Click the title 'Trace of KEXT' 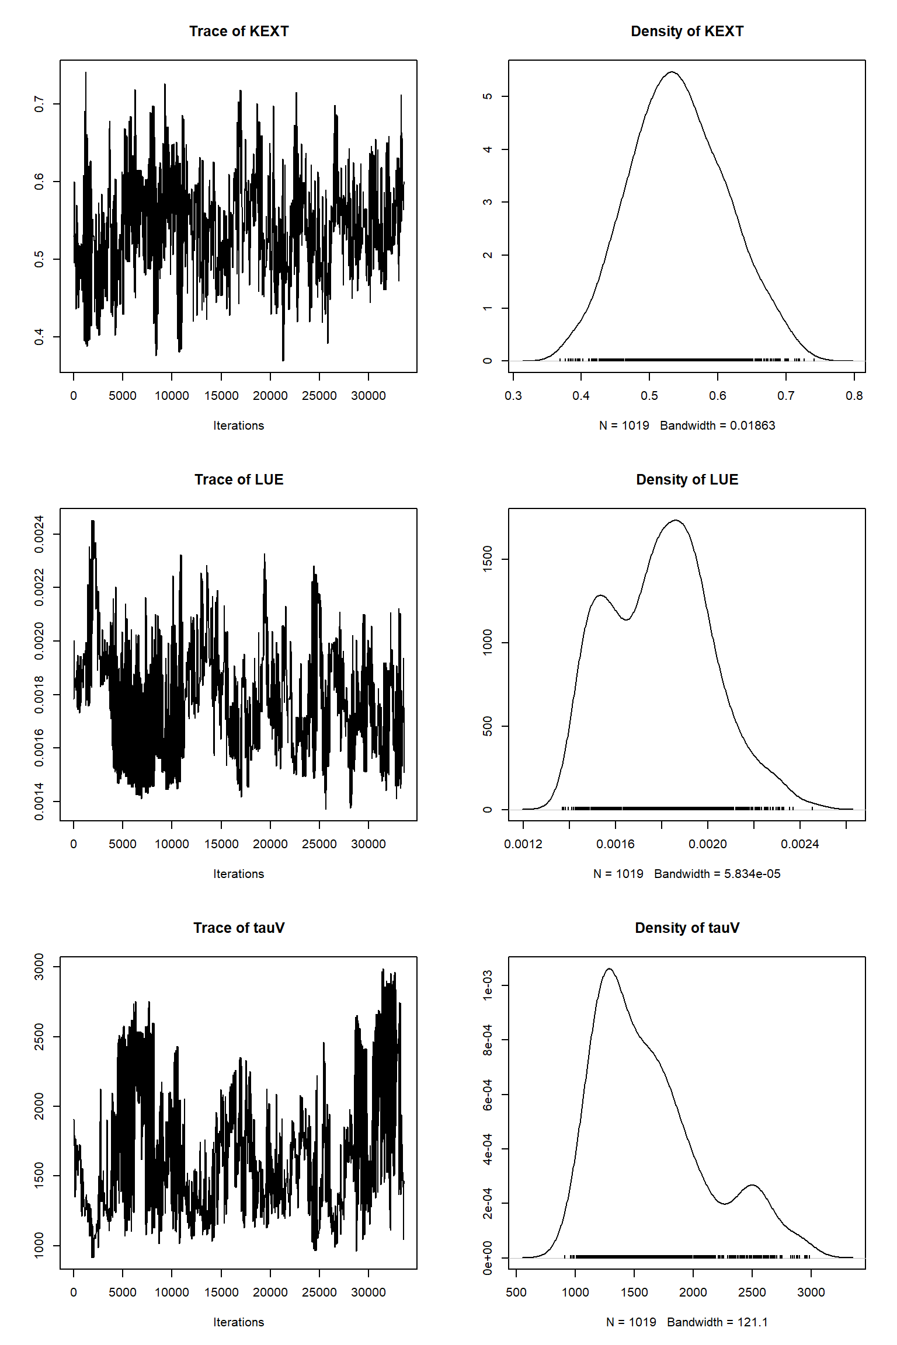239,32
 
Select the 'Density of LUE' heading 687,480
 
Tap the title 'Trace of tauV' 239,928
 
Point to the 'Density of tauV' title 687,928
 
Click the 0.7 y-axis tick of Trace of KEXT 39,104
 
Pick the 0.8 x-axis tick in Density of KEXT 854,396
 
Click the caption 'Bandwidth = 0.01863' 717,426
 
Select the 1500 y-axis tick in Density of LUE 488,559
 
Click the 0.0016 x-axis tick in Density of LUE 616,844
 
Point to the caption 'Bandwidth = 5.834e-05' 717,874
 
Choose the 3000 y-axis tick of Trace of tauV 39,967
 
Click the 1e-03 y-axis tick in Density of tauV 488,985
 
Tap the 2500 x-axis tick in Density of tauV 752,1292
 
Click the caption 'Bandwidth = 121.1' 717,1322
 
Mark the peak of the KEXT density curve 672,72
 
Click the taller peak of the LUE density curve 676,520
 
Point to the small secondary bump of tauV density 752,1185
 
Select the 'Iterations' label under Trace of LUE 238,874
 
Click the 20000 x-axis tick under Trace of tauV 270,1292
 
